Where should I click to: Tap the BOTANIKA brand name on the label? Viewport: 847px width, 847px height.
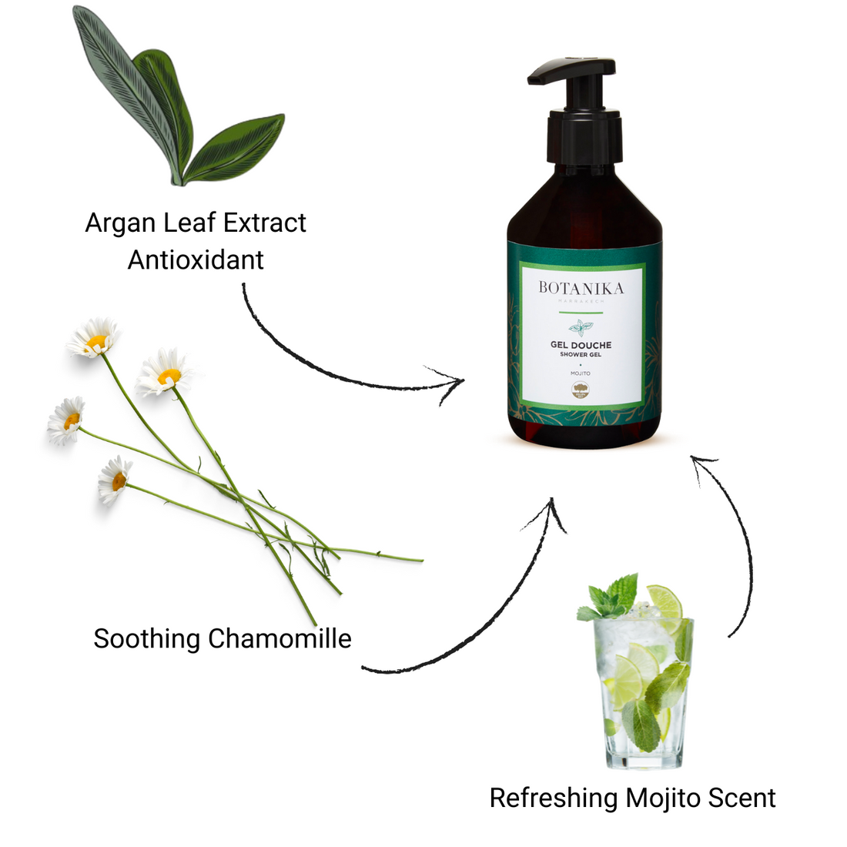click(x=581, y=288)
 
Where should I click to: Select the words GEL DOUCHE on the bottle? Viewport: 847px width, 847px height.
click(x=581, y=345)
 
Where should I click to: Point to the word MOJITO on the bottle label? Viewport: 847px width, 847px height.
click(x=581, y=373)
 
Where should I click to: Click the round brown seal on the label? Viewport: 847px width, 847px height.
click(x=581, y=390)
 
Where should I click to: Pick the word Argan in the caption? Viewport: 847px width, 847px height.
click(x=116, y=223)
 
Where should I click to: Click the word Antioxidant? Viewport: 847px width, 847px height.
click(x=196, y=260)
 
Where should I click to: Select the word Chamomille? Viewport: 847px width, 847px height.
click(x=280, y=639)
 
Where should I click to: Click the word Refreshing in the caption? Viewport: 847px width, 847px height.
click(x=554, y=798)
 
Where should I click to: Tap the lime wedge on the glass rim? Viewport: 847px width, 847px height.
click(x=664, y=600)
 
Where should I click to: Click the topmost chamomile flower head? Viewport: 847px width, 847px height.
click(x=94, y=339)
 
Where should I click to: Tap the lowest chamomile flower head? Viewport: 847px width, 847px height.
click(x=115, y=479)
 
